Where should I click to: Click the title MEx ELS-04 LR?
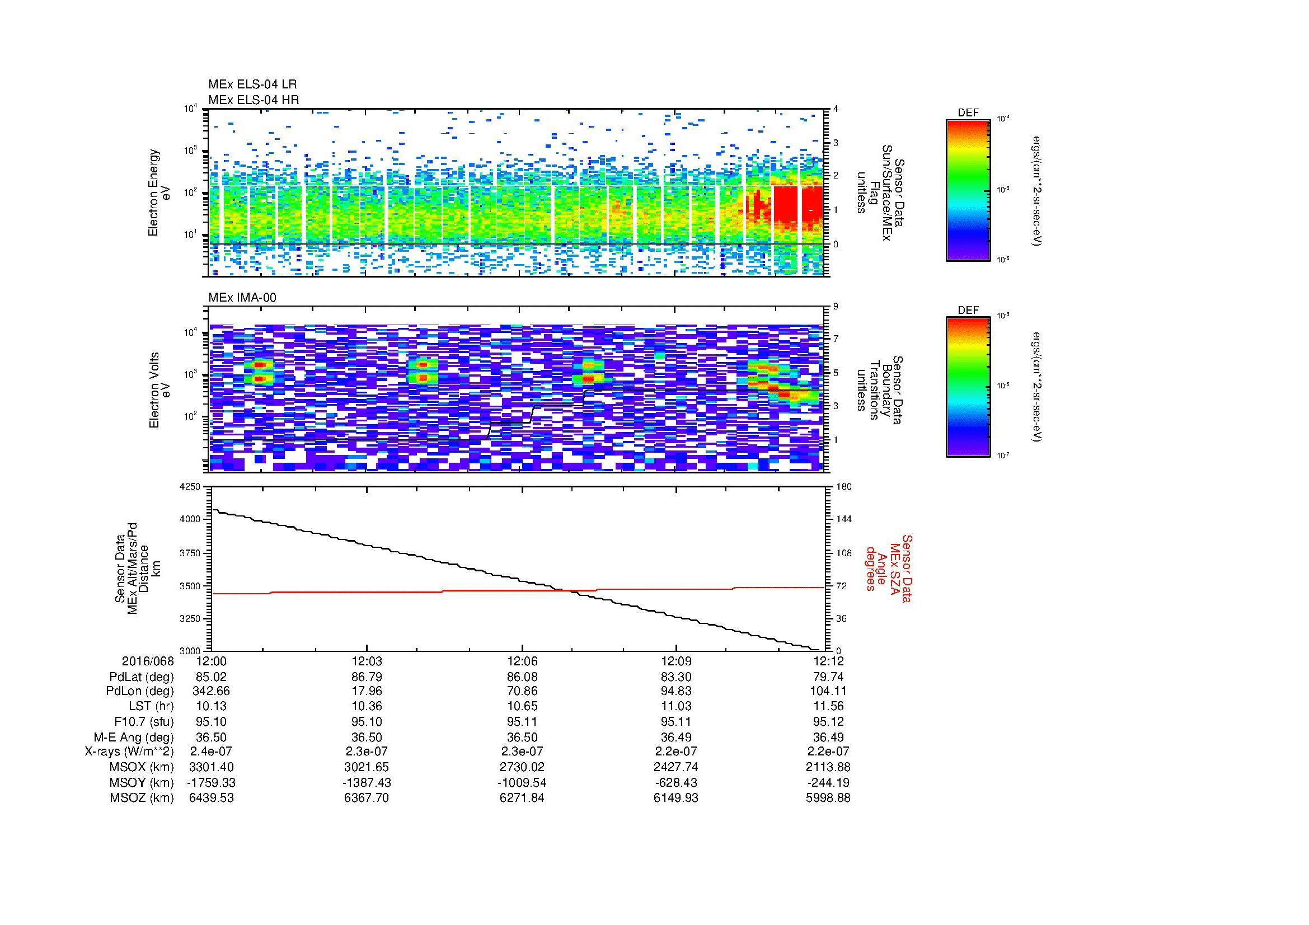(x=252, y=84)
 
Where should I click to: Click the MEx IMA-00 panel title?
(x=242, y=298)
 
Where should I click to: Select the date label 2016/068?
(x=148, y=661)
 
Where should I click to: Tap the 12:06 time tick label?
(x=522, y=661)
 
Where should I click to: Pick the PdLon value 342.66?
(x=211, y=691)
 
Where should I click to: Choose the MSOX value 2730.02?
(x=522, y=767)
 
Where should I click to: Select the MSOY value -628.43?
(x=676, y=782)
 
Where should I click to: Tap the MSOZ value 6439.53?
(x=211, y=798)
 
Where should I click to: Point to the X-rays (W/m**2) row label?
(x=129, y=752)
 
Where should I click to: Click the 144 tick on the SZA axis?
(x=843, y=519)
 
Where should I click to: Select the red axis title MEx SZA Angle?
(x=889, y=568)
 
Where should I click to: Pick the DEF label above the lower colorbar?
(x=968, y=310)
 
